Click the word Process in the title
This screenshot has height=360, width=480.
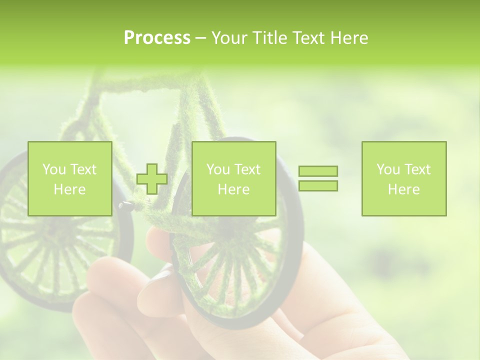[x=157, y=38]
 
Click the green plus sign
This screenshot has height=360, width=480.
[x=152, y=179]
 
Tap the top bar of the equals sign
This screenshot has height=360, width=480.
[x=318, y=171]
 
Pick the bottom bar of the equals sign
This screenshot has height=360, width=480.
[x=318, y=185]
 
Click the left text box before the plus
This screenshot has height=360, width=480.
[x=69, y=178]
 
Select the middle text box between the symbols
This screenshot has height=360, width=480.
[x=233, y=178]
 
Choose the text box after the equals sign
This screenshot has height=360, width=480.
[x=403, y=178]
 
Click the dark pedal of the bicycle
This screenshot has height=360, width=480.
[x=125, y=204]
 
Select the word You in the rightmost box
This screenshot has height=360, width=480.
[x=388, y=169]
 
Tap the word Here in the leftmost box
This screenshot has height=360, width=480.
[x=69, y=189]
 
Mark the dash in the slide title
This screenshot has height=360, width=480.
[x=200, y=38]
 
